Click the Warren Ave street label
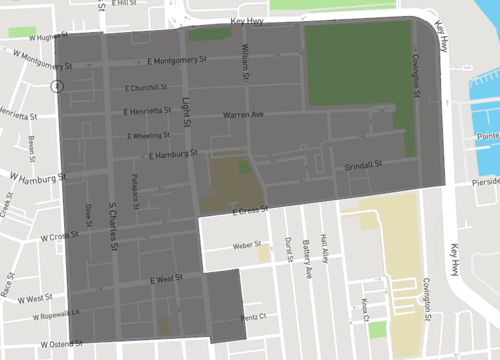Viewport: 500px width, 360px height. pos(243,115)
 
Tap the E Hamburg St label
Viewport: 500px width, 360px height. pos(173,155)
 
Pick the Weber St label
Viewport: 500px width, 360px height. pos(246,244)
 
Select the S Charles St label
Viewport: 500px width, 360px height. pos(113,213)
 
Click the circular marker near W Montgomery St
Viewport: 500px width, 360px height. pos(58,85)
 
